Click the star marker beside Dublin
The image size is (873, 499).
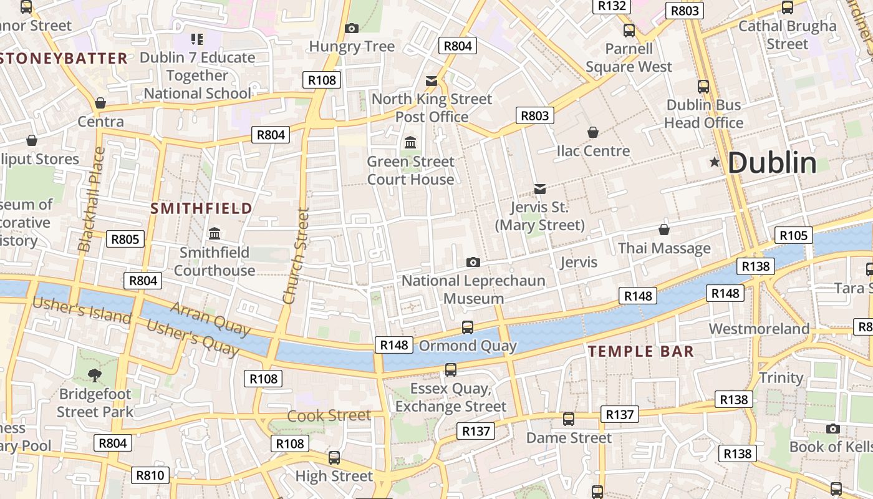pos(715,162)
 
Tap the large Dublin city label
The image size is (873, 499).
pos(772,163)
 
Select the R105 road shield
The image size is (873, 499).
pos(794,235)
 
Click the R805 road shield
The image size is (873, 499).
pos(125,239)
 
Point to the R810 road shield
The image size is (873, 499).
pos(150,475)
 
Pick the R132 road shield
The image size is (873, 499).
pos(612,6)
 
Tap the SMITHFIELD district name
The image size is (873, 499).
pos(201,208)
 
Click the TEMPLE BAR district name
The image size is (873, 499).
pos(641,351)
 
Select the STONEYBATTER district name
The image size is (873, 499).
pos(64,59)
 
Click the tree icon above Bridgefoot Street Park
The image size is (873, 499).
pos(95,375)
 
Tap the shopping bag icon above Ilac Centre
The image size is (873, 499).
pos(593,132)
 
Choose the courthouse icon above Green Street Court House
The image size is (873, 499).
pos(410,143)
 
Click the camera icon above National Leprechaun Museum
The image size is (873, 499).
pos(473,262)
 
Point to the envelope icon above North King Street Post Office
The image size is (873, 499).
pos(432,80)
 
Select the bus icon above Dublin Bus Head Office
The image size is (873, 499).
pos(703,87)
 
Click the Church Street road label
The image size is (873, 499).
pos(296,256)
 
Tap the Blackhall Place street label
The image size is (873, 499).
pos(90,200)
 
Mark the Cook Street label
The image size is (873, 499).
pos(329,415)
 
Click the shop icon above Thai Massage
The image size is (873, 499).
pos(664,230)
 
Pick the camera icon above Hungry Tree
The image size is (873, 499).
pos(352,28)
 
